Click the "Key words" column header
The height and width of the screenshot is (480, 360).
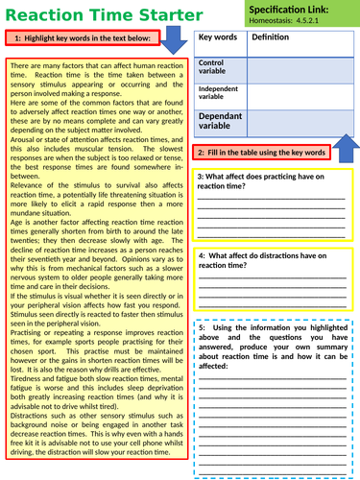pyautogui.click(x=217, y=36)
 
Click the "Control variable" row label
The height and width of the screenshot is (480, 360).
pyautogui.click(x=215, y=66)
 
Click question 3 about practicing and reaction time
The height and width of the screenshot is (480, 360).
pyautogui.click(x=270, y=181)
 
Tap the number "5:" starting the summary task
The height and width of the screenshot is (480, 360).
pyautogui.click(x=204, y=328)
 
